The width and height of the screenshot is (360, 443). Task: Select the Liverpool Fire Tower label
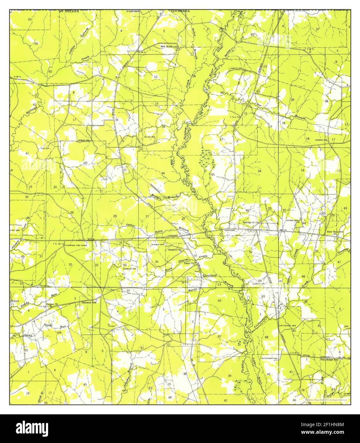click(x=76, y=245)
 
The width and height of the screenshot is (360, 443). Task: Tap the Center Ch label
click(x=52, y=304)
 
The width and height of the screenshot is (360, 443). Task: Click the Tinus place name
click(x=15, y=301)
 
